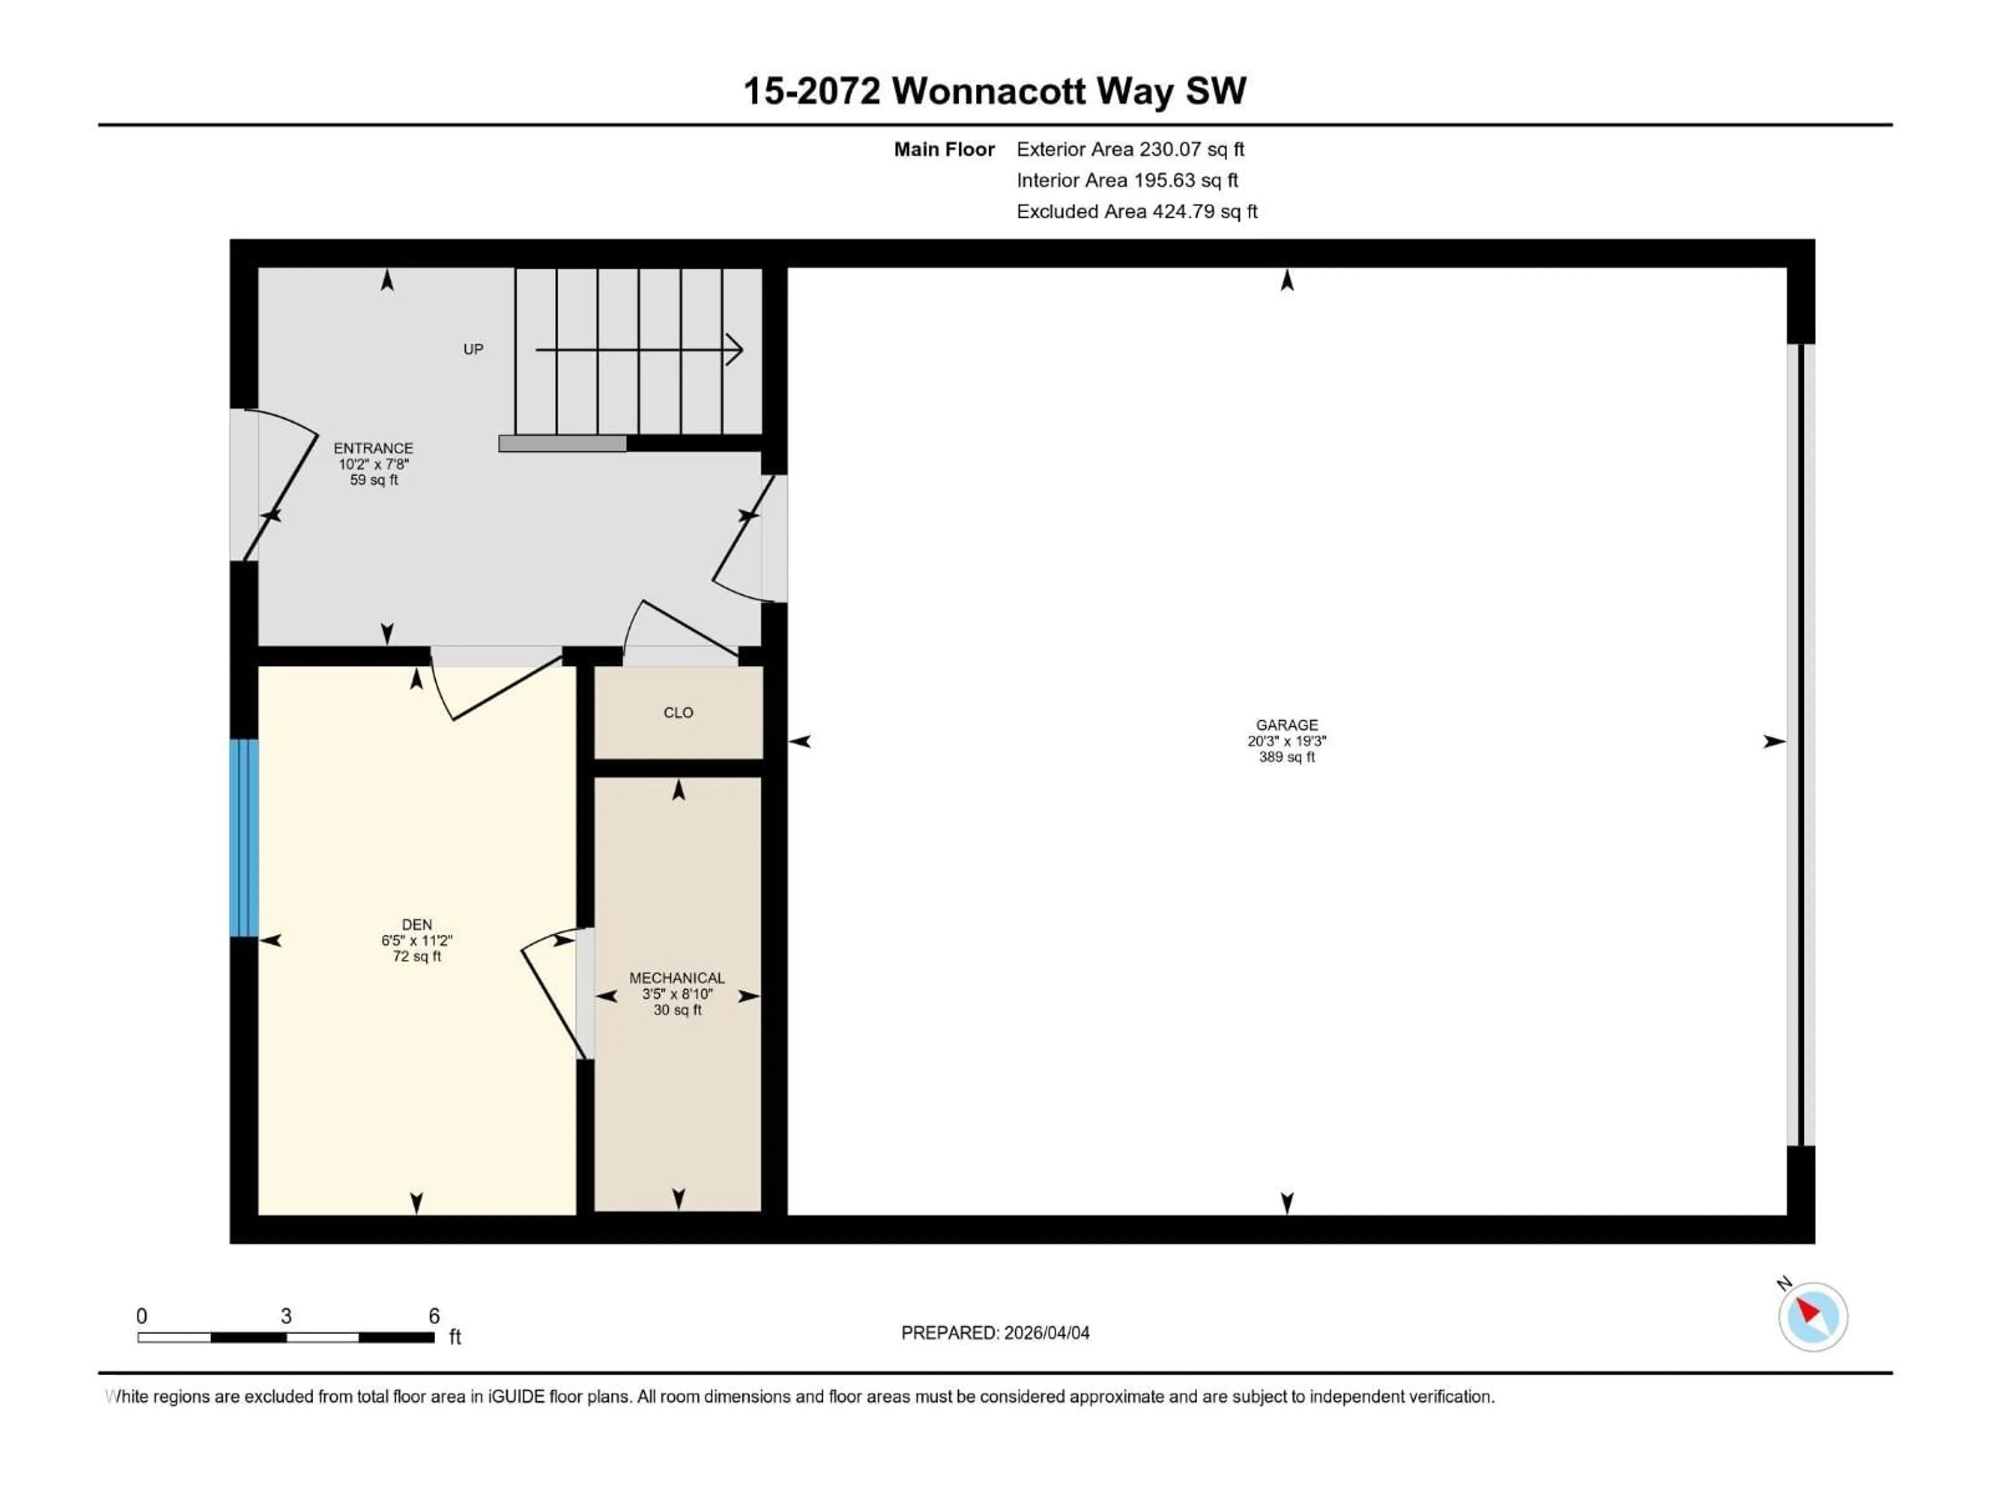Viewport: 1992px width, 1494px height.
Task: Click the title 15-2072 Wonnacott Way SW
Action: (x=994, y=91)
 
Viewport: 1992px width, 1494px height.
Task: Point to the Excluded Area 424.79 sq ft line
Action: (x=1137, y=212)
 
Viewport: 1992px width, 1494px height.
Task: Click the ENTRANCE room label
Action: (x=373, y=448)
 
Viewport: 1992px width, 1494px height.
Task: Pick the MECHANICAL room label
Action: (x=676, y=977)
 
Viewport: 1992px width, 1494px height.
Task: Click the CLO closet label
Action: (x=678, y=712)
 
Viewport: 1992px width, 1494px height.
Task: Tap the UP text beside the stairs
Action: (x=473, y=350)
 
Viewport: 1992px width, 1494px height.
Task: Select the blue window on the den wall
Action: (x=244, y=837)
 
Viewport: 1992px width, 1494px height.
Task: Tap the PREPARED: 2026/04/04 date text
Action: (x=994, y=1333)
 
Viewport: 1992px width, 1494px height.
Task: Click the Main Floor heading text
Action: (x=944, y=149)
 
